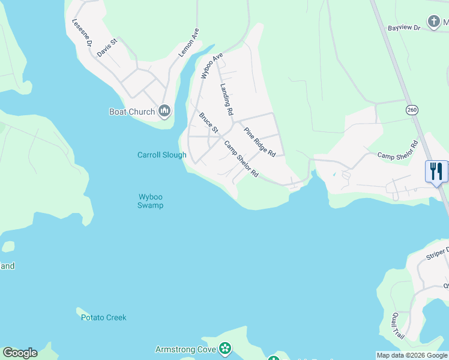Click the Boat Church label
click(x=132, y=111)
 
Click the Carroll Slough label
click(x=162, y=155)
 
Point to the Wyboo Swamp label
click(x=151, y=200)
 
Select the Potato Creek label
click(x=104, y=317)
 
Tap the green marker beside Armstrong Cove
click(x=225, y=348)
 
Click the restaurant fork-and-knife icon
click(x=436, y=172)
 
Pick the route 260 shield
click(x=411, y=110)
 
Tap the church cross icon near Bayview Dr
click(x=434, y=23)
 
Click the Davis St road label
click(x=107, y=47)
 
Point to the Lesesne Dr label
click(x=82, y=32)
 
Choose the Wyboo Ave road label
click(x=212, y=65)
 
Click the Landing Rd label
click(x=226, y=99)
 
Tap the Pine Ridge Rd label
click(x=259, y=142)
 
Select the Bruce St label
click(x=208, y=123)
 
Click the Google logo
click(x=20, y=353)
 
